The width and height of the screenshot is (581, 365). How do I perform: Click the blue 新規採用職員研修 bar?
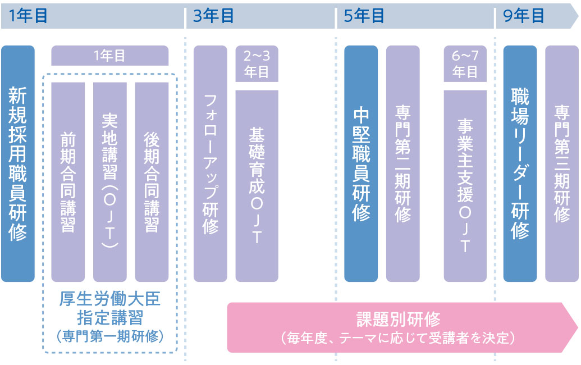click(18, 163)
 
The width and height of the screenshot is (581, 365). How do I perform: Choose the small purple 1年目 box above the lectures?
click(109, 56)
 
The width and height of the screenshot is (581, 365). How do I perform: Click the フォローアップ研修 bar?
click(211, 163)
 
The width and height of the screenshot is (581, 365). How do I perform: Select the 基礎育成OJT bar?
click(257, 185)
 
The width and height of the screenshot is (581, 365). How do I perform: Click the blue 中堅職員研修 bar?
click(361, 163)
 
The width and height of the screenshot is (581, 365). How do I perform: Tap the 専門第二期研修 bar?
click(403, 163)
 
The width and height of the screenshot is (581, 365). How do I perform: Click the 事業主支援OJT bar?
click(465, 185)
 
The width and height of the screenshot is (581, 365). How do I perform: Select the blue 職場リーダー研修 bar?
click(520, 163)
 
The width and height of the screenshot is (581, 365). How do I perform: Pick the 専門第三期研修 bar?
click(562, 163)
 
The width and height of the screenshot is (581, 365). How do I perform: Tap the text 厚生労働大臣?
click(109, 298)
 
